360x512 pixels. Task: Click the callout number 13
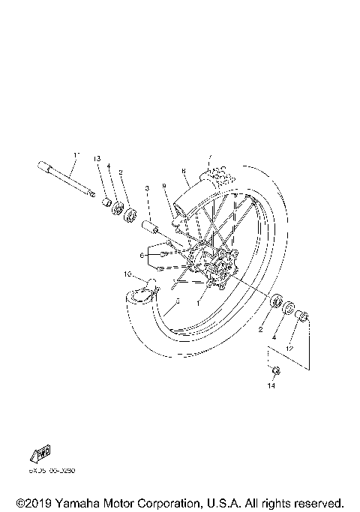[97, 159]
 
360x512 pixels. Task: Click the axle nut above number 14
[275, 370]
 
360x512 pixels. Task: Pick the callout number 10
[127, 274]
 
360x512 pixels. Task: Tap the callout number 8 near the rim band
[183, 171]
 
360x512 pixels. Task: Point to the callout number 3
[148, 187]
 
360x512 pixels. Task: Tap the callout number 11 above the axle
[76, 155]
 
